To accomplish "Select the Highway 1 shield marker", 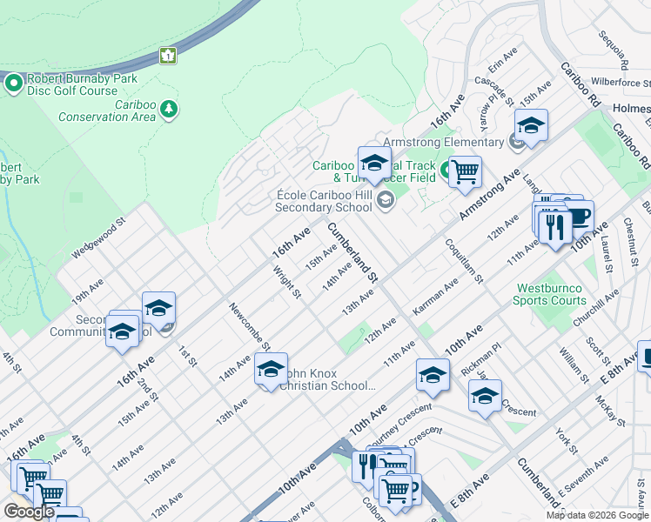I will [x=168, y=56].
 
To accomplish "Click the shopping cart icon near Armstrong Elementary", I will [x=465, y=171].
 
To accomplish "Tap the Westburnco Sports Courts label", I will [x=551, y=294].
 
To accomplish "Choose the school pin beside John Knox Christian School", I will [x=271, y=369].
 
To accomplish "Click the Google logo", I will [x=29, y=512].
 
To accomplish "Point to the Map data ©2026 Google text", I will [x=597, y=515].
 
